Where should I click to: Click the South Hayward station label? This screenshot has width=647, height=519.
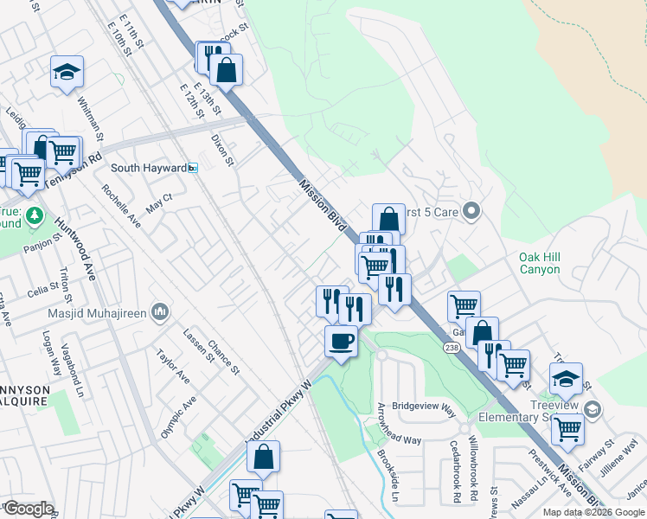pyautogui.click(x=149, y=168)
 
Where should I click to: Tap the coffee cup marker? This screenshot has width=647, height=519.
pyautogui.click(x=341, y=341)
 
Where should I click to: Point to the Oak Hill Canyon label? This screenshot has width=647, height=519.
pyautogui.click(x=551, y=263)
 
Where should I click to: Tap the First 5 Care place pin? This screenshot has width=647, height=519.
pyautogui.click(x=471, y=210)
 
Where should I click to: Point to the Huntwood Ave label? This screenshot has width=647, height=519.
pyautogui.click(x=75, y=247)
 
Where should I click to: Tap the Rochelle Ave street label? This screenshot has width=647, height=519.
pyautogui.click(x=120, y=205)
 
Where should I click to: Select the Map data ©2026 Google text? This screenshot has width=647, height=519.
pyautogui.click(x=594, y=512)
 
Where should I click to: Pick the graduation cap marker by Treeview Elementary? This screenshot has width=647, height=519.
pyautogui.click(x=567, y=378)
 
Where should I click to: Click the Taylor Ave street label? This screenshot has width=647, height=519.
pyautogui.click(x=172, y=367)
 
